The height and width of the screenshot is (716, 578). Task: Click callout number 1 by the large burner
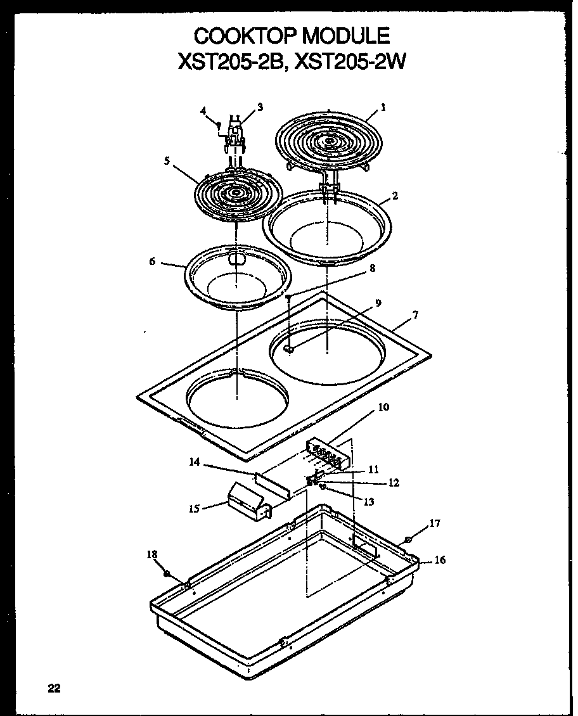[x=383, y=107]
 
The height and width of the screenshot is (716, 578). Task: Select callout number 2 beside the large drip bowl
[x=395, y=196]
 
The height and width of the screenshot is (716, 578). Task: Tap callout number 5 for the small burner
[x=167, y=162]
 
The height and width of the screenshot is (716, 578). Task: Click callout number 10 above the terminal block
[x=384, y=407]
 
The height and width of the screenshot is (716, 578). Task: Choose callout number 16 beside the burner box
[x=440, y=560]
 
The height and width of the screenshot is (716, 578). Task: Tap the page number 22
[x=53, y=689]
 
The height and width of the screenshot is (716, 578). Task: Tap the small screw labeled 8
[x=288, y=297]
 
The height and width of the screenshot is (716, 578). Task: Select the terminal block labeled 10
[x=327, y=454]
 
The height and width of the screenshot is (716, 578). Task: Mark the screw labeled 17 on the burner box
[x=408, y=540]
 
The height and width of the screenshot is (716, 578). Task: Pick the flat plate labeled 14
[x=273, y=485]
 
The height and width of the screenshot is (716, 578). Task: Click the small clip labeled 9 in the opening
[x=290, y=348]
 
